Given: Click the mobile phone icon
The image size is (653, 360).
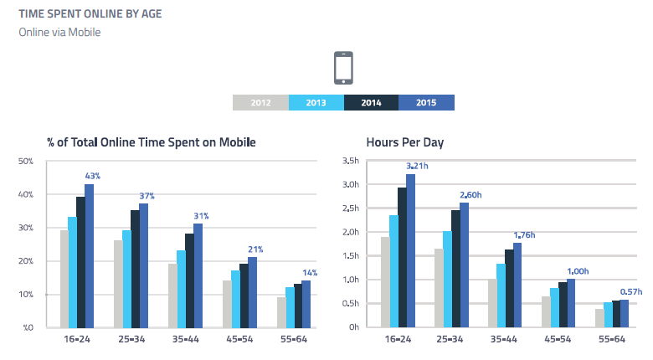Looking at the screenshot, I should (343, 68).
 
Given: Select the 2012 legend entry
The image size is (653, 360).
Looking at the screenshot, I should (260, 103).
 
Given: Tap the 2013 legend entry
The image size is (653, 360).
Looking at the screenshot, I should (316, 103).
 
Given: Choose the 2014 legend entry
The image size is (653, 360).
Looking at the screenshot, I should (371, 103).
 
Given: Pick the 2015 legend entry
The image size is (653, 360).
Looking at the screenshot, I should (426, 103).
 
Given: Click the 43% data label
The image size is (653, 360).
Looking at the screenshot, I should (92, 176).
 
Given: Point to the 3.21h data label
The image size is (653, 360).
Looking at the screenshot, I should (417, 166).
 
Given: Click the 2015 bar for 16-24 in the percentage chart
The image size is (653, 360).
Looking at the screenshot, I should (89, 255).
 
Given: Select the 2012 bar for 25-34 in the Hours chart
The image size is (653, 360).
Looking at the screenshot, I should (439, 287).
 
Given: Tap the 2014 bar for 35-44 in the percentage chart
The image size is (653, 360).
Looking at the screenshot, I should (189, 280).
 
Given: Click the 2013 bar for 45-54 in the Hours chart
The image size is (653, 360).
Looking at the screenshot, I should (555, 307).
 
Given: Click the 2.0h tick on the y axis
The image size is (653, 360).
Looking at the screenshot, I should (349, 232).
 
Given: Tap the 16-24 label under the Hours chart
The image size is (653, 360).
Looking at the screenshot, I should (398, 339).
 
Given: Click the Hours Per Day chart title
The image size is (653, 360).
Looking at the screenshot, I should (404, 142).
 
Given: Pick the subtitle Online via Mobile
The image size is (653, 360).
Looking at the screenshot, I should (59, 33).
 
